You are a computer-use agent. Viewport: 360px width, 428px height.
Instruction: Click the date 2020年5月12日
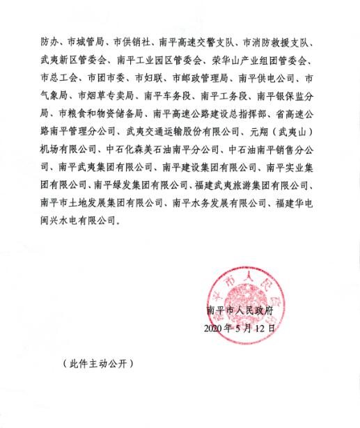pyautogui.click(x=241, y=326)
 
